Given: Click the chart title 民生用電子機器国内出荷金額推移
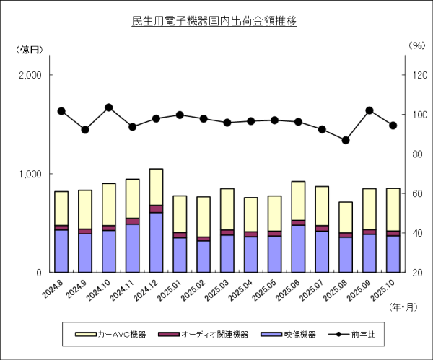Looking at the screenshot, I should [214, 21].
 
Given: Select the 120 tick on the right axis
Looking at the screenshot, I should [418, 76].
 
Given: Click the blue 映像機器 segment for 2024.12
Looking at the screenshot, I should [156, 242].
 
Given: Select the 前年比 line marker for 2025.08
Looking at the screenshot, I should [346, 140].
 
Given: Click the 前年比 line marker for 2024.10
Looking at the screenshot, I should [109, 107].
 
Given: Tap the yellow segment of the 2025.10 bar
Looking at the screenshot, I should [393, 209].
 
